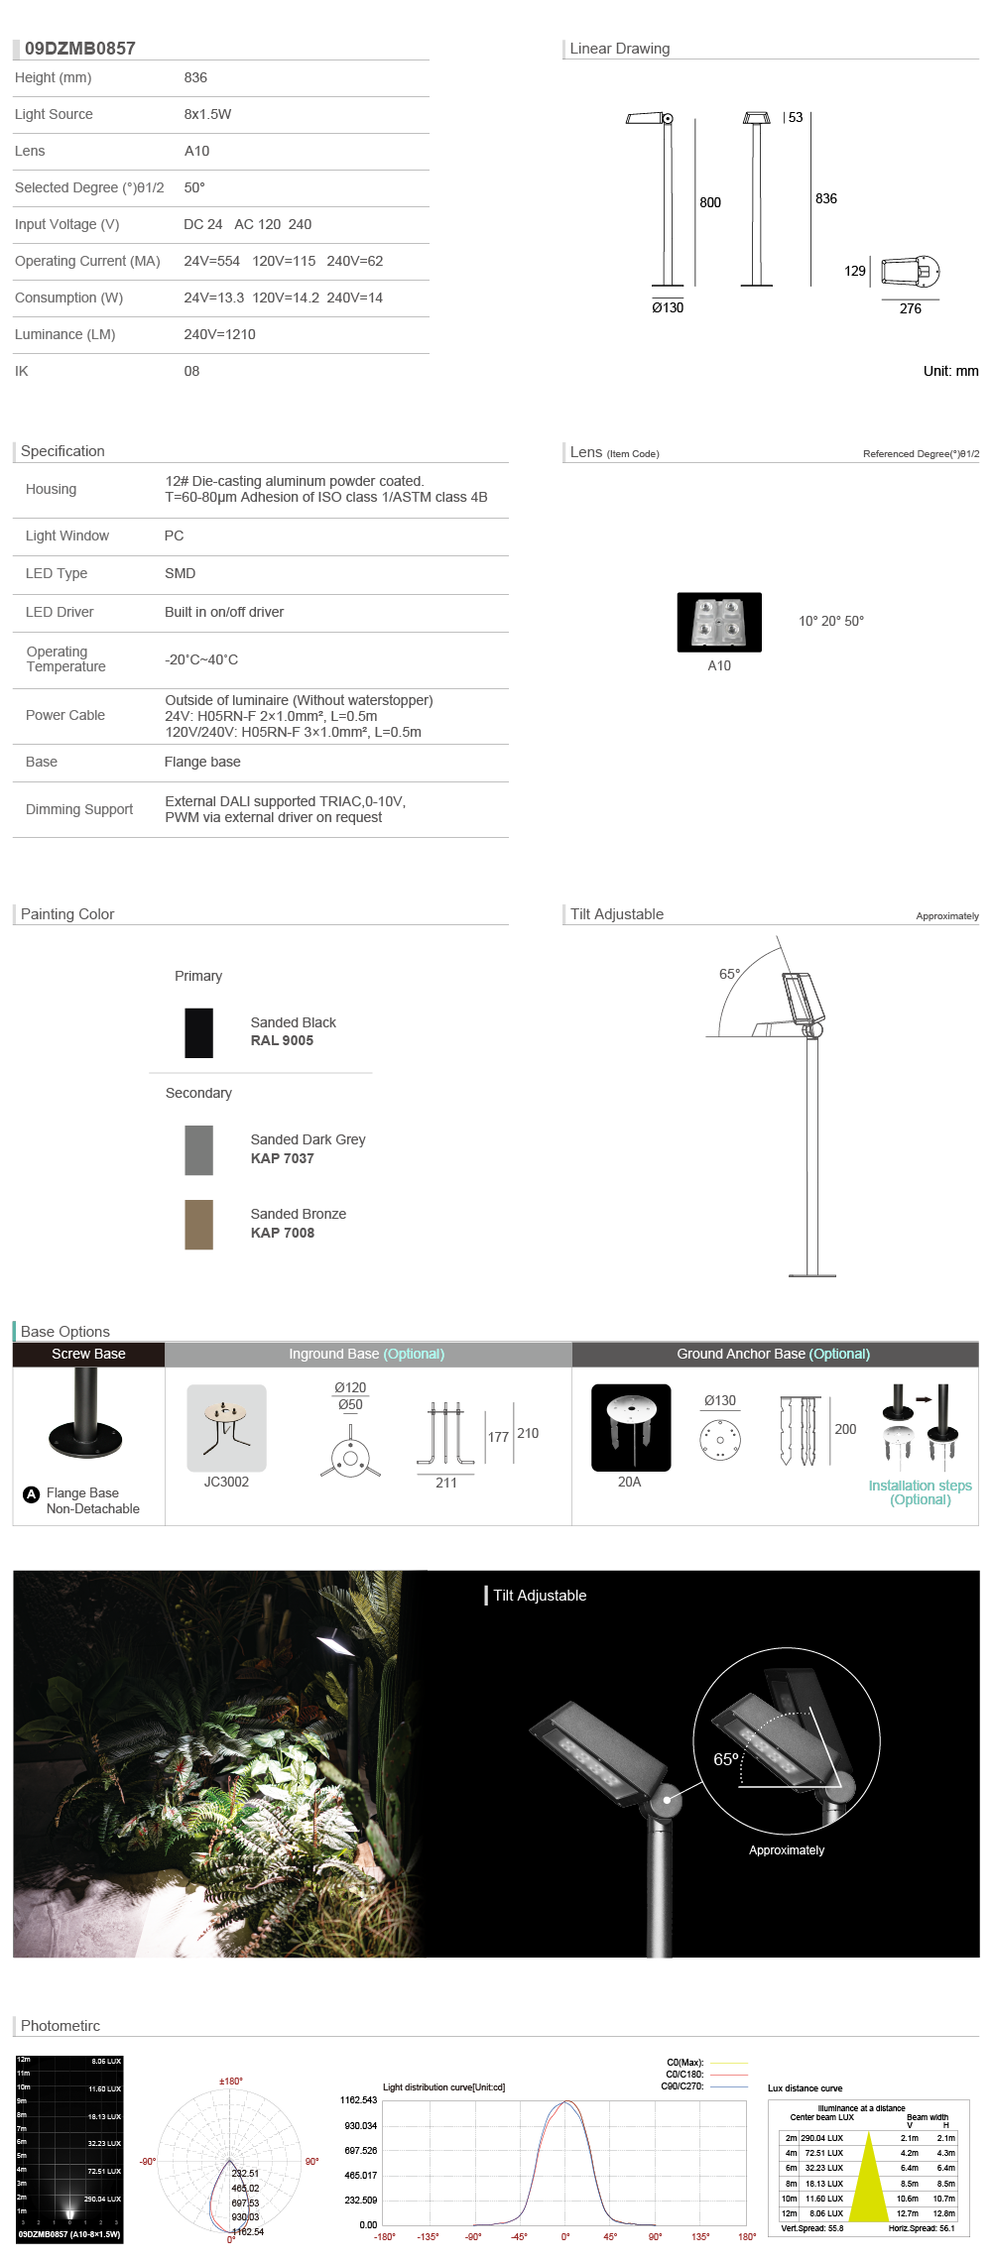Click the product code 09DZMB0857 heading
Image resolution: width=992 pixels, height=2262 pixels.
[79, 49]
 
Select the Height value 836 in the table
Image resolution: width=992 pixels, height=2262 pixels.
[195, 77]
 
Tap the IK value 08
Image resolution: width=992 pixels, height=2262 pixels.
[191, 371]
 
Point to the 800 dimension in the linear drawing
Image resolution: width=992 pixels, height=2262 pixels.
[710, 202]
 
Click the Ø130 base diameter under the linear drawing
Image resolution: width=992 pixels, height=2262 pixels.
[668, 307]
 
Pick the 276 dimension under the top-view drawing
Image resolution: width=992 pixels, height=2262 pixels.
[910, 308]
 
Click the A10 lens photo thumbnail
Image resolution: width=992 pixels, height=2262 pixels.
[719, 622]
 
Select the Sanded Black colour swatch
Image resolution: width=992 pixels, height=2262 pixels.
[198, 1032]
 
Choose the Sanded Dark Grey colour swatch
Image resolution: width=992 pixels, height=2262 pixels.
[198, 1149]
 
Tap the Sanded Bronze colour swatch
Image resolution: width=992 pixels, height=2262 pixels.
[198, 1224]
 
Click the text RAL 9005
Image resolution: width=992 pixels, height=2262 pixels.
[282, 1040]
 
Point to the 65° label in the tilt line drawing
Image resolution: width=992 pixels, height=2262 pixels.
[729, 974]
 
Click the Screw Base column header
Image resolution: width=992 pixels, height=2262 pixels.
[88, 1354]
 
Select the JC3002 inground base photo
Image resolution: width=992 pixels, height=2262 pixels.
[226, 1427]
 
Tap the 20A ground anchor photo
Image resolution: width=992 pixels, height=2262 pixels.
[631, 1427]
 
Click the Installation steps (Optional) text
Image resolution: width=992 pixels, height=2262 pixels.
[920, 1491]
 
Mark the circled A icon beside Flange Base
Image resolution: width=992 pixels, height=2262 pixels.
[32, 1494]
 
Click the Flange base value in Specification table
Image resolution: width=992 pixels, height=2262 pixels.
[202, 762]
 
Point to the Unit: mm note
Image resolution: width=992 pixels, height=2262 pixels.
[950, 371]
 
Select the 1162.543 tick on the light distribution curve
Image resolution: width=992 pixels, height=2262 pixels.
[358, 2099]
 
